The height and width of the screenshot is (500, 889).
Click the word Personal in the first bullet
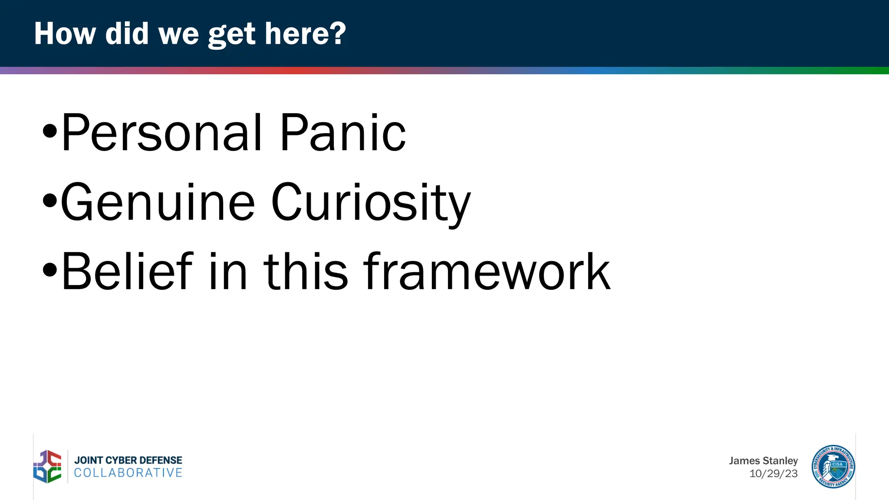pos(161,133)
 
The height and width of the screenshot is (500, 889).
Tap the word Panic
pos(342,133)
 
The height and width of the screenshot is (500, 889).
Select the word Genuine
pos(158,202)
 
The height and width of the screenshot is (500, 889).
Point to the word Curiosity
pos(371,202)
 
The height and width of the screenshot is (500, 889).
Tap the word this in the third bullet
pos(306,272)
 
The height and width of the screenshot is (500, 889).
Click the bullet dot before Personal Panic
pos(50,131)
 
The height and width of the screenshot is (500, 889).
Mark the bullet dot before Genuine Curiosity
pos(50,201)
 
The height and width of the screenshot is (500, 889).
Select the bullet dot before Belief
pos(50,270)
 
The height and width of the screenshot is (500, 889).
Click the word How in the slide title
pos(65,34)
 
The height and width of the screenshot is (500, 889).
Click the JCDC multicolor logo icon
pos(48,467)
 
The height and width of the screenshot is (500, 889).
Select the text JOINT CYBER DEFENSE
pos(128,460)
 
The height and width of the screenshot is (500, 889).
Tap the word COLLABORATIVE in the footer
pos(128,473)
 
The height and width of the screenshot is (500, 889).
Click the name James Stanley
pos(763,461)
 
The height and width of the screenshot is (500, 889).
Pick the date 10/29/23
pos(773,474)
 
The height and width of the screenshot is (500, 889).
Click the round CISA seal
pos(833,467)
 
